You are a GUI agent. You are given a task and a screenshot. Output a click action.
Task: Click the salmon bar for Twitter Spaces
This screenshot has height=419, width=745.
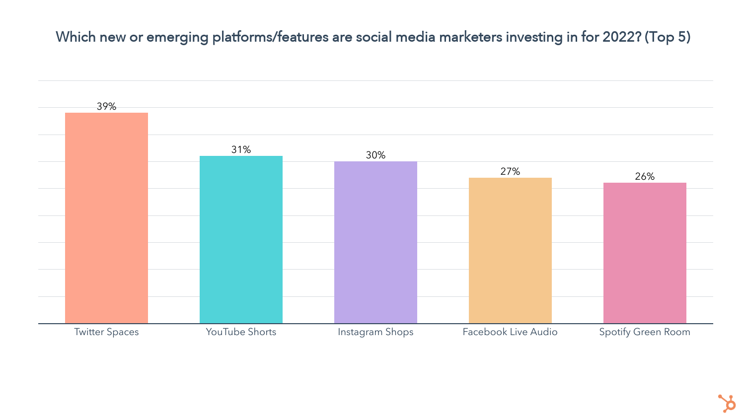click(106, 218)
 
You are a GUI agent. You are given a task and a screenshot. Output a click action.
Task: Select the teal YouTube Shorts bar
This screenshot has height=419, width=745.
click(241, 239)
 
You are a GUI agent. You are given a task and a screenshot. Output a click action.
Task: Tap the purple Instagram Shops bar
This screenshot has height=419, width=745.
click(375, 242)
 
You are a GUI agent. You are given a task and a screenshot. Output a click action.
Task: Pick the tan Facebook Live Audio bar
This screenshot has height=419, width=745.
click(510, 250)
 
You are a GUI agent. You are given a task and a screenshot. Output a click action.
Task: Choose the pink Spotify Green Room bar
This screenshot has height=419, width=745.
click(645, 253)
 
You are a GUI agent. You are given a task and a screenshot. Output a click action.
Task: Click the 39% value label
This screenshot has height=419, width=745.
click(106, 106)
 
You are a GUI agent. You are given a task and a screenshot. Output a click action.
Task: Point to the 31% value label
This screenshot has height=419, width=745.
click(241, 149)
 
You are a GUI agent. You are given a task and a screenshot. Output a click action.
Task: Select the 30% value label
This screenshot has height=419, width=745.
click(375, 155)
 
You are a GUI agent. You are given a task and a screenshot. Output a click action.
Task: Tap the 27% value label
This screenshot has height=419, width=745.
click(510, 171)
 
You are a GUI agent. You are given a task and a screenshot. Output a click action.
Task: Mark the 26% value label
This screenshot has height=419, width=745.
click(645, 176)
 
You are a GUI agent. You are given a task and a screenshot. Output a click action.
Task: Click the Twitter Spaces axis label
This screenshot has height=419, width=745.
click(106, 332)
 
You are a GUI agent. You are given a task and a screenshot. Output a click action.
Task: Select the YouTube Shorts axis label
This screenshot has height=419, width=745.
click(241, 332)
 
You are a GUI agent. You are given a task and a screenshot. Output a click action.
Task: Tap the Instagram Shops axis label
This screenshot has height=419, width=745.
click(375, 332)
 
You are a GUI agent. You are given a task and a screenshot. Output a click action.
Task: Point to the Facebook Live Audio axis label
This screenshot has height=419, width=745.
click(510, 332)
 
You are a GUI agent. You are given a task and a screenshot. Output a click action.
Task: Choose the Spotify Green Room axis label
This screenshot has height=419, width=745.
click(645, 332)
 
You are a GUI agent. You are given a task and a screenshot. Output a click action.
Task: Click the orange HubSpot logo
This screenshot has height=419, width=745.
click(727, 403)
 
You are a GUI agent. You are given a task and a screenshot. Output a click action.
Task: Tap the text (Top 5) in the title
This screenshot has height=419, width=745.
click(667, 37)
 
